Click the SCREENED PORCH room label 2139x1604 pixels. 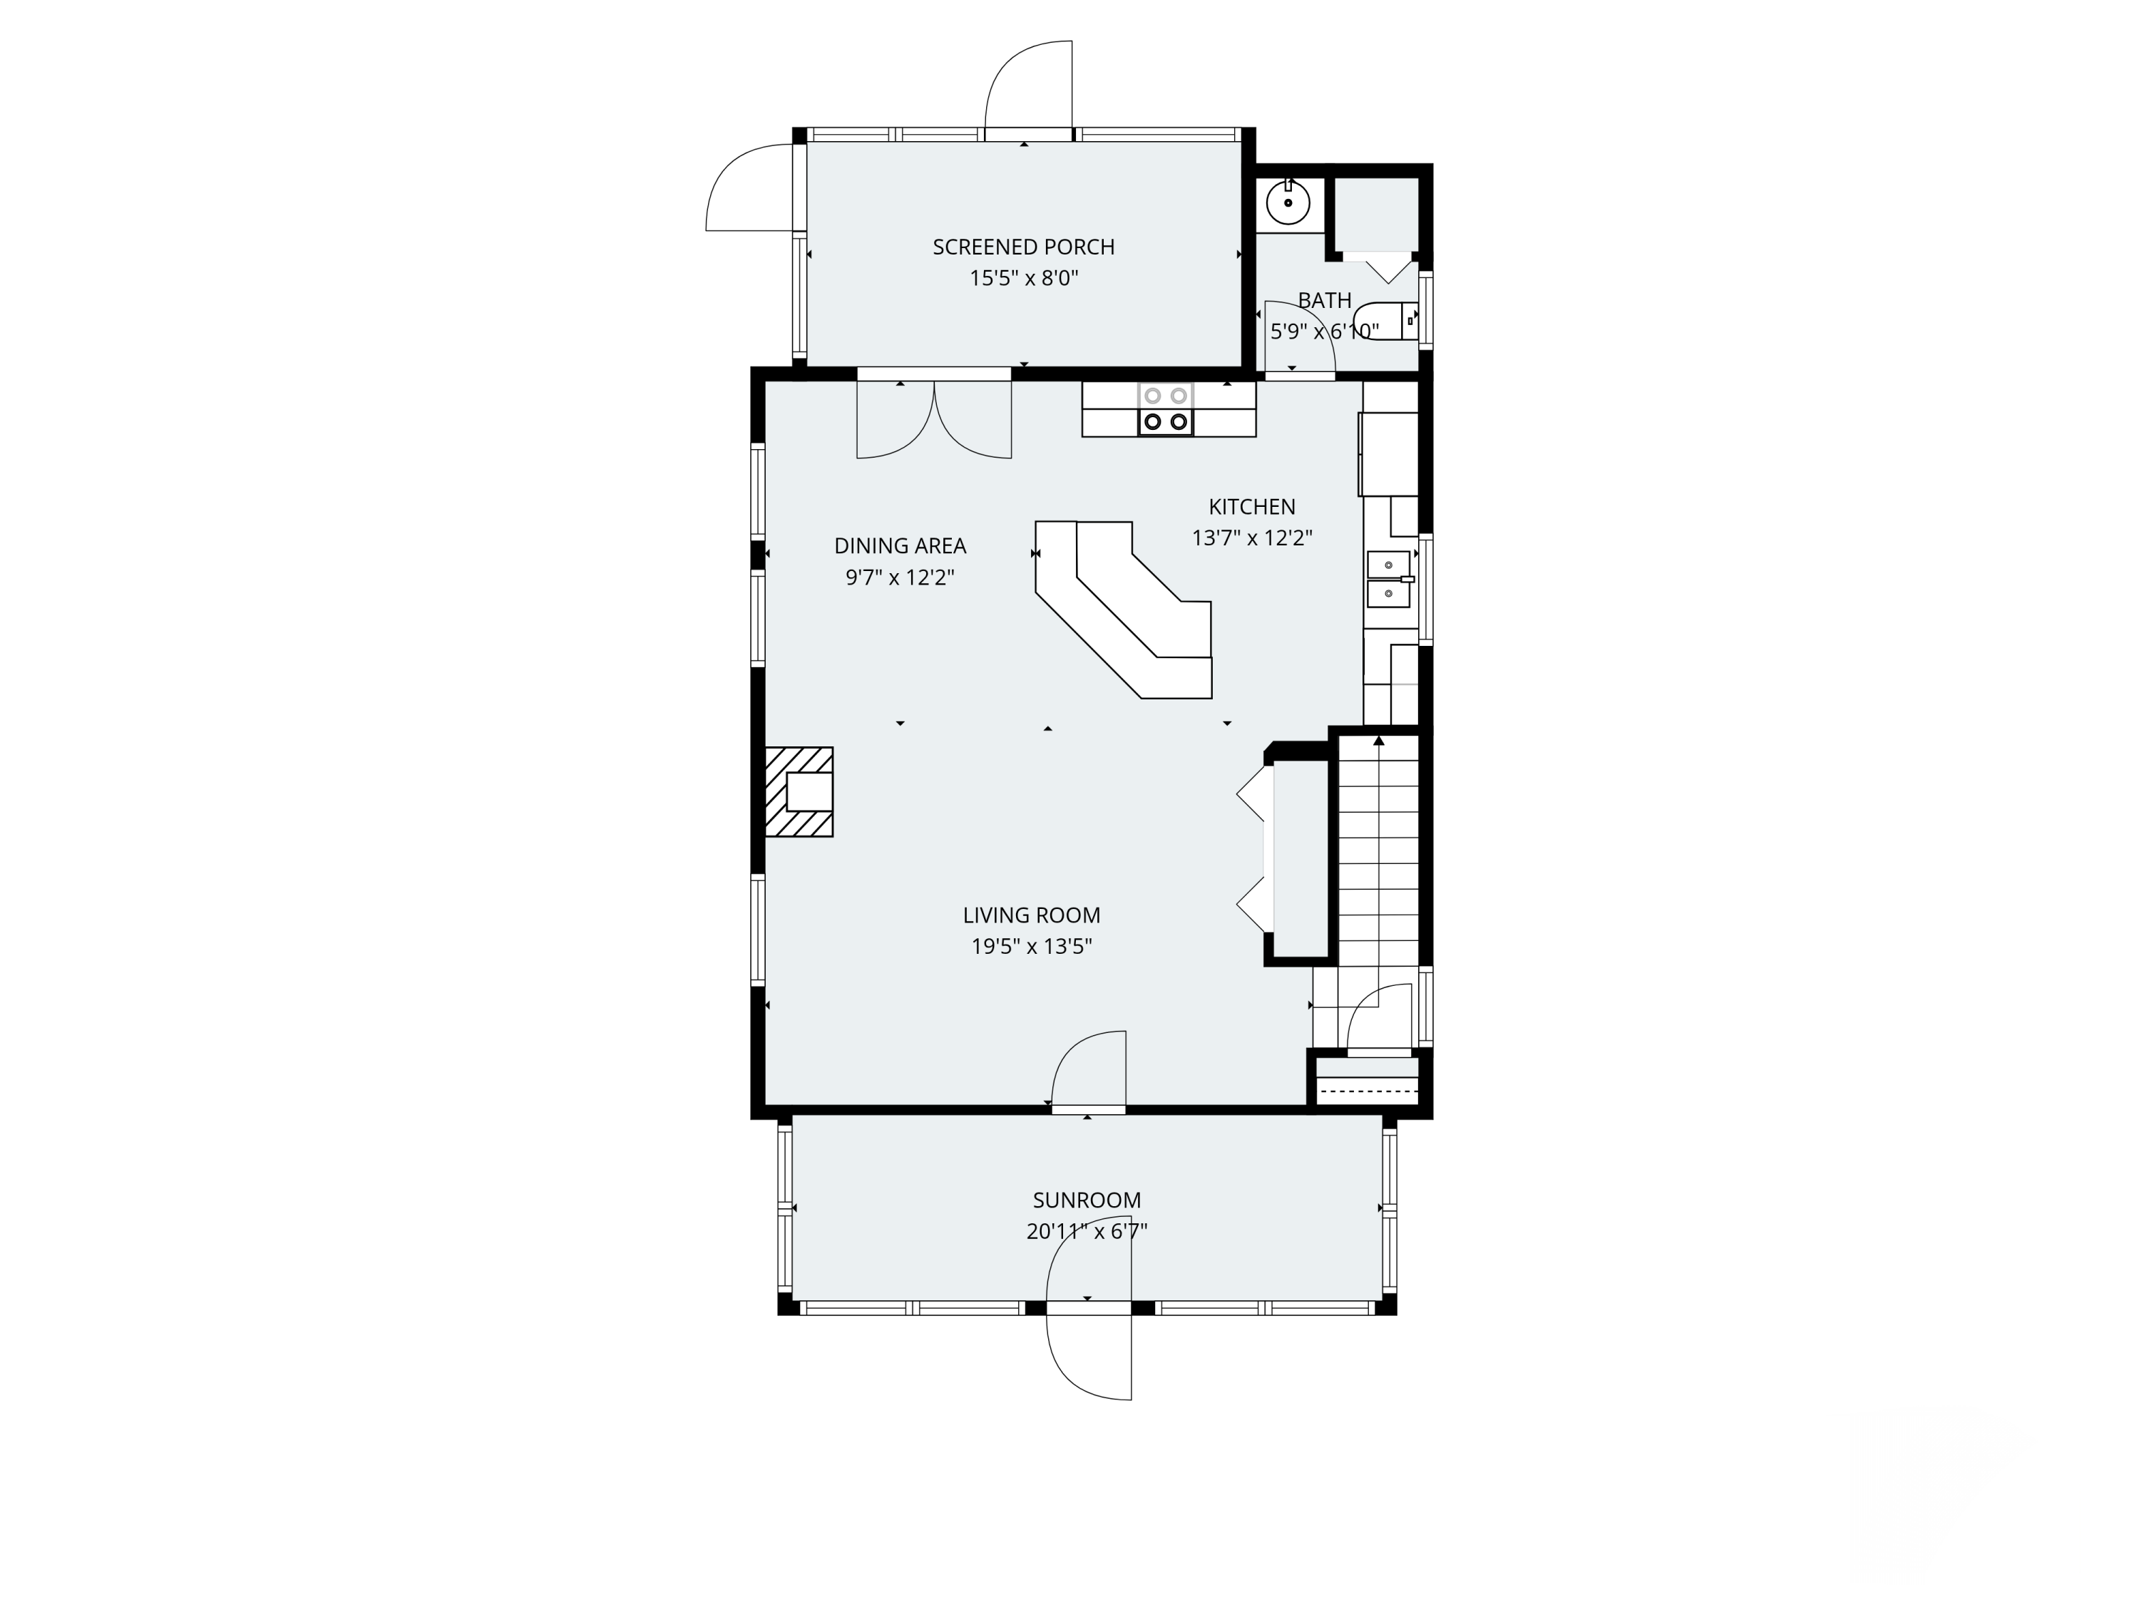click(x=1023, y=247)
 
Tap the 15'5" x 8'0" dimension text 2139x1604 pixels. click(x=1023, y=279)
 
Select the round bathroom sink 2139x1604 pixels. click(x=1288, y=203)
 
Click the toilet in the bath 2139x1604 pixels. click(x=1385, y=321)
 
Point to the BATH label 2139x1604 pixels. click(x=1324, y=301)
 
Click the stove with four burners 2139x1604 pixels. click(x=1165, y=409)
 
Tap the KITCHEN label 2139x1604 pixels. click(x=1251, y=507)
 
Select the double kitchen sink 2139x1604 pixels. click(x=1389, y=578)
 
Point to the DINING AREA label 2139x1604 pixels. click(x=901, y=546)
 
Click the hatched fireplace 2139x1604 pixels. click(x=799, y=792)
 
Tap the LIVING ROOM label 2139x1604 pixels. click(x=1032, y=915)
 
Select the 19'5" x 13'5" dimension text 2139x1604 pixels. click(x=1032, y=947)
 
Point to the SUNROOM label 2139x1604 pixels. click(x=1087, y=1201)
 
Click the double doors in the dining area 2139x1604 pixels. click(x=934, y=420)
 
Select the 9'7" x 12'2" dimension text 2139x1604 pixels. click(x=901, y=577)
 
